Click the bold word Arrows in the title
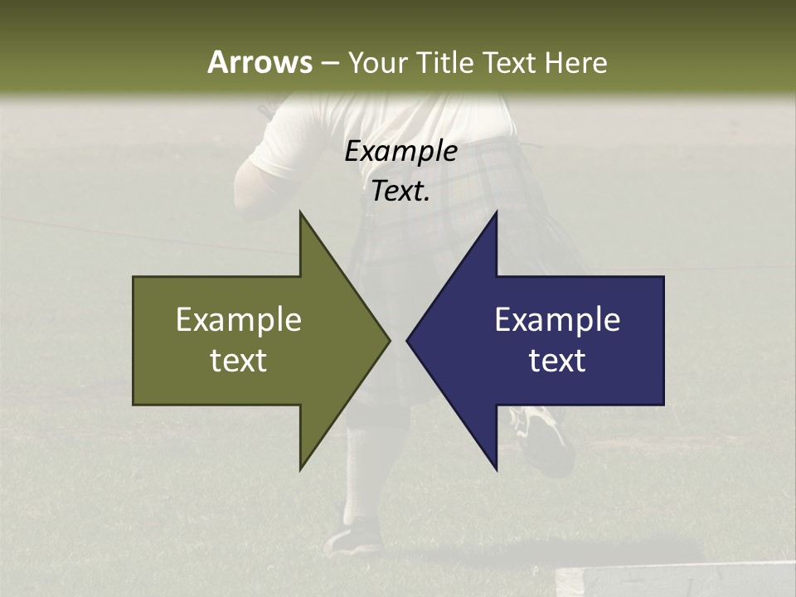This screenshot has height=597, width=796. (259, 62)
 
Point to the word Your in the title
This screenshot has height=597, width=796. (376, 63)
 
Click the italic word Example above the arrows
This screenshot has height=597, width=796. (400, 151)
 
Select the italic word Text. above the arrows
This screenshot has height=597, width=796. (400, 192)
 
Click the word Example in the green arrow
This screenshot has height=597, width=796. (239, 320)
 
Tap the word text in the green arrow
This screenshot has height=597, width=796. (239, 361)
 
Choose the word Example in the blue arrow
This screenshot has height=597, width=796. (557, 320)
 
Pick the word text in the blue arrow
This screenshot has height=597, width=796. (557, 361)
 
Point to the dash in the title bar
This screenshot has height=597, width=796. (329, 63)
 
